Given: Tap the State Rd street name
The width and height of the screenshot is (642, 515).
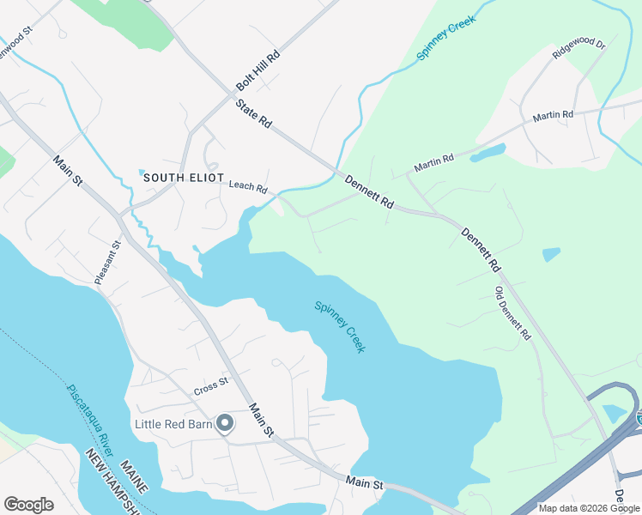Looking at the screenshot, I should click(x=253, y=113).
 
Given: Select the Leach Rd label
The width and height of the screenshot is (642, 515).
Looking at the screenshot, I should click(x=248, y=186).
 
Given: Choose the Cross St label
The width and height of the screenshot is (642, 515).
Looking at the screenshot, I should click(x=211, y=386).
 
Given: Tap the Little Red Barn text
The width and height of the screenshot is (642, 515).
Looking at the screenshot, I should click(x=174, y=424).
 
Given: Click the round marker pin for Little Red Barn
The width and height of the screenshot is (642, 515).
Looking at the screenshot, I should click(x=225, y=423).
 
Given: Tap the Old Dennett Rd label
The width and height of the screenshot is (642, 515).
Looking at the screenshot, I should click(x=513, y=313).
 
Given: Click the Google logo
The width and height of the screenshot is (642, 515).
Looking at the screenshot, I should click(x=28, y=505).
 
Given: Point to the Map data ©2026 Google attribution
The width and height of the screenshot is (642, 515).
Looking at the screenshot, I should click(x=589, y=508).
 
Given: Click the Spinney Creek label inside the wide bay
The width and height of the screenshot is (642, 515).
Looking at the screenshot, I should click(x=340, y=326).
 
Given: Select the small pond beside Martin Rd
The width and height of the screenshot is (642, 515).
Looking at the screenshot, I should click(x=487, y=154).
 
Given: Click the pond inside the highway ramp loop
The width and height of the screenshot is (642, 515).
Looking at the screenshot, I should click(x=615, y=413).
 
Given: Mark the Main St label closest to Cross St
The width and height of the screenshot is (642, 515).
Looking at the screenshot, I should click(x=261, y=418).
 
